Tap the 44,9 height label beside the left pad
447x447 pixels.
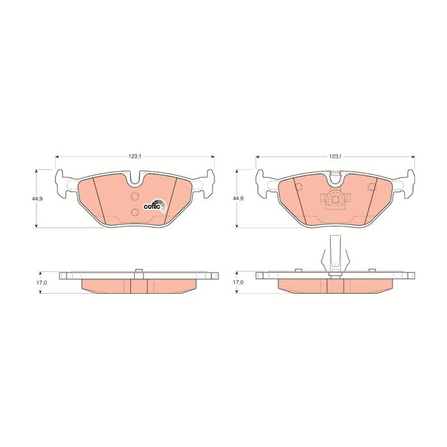[x=37, y=199]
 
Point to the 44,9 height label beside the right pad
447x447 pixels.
[x=238, y=199]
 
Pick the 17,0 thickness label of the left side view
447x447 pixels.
[x=42, y=282]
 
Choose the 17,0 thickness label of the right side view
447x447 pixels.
[x=238, y=282]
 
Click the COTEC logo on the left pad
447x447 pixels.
[x=155, y=206]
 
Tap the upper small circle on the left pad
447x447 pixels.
[x=135, y=196]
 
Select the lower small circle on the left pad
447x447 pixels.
[x=135, y=212]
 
